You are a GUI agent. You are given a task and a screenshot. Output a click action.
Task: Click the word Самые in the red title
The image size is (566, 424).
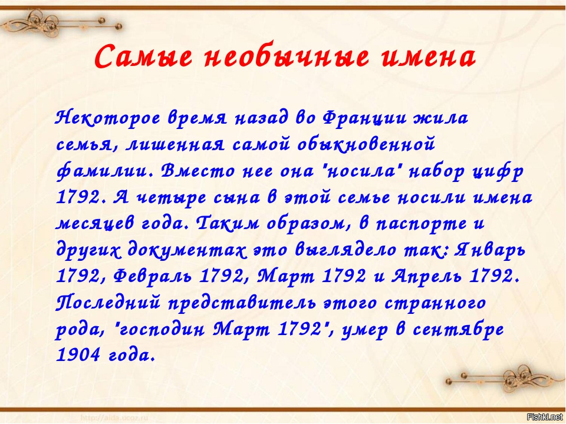pyautogui.click(x=144, y=57)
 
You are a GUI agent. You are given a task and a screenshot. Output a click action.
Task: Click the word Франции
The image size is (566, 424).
pyautogui.click(x=364, y=118)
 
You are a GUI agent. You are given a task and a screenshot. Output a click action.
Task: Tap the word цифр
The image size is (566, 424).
pyautogui.click(x=499, y=171)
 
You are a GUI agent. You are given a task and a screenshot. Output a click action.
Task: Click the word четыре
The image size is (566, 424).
pyautogui.click(x=172, y=198)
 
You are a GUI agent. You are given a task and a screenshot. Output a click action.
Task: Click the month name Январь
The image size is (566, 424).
pyautogui.click(x=489, y=250)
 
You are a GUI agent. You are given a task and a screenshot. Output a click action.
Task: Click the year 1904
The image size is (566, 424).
pyautogui.click(x=78, y=356)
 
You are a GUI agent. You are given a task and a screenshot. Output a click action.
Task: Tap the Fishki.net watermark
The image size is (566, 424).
pyautogui.click(x=545, y=417)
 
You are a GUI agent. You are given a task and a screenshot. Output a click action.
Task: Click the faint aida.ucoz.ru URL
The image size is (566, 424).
pyautogui.click(x=115, y=418)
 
